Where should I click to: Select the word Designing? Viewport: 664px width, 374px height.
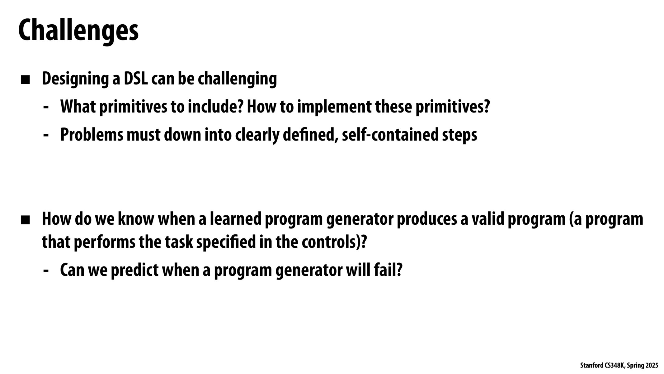point(75,79)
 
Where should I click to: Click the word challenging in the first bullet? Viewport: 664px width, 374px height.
point(237,79)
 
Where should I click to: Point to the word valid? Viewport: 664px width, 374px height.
point(488,219)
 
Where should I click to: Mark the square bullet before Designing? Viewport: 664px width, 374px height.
point(25,80)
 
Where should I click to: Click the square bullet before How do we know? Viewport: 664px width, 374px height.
point(25,220)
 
